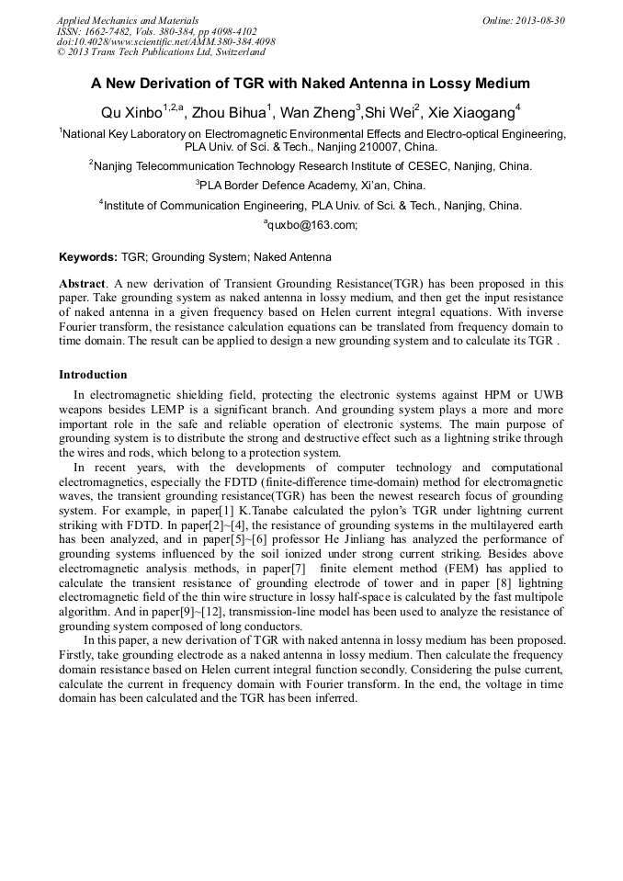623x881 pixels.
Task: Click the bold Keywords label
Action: click(88, 257)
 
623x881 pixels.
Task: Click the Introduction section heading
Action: click(93, 375)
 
